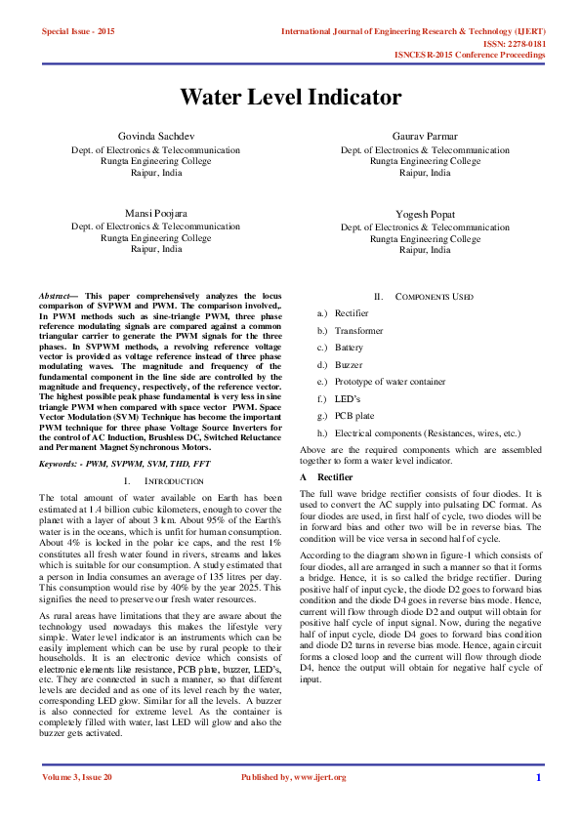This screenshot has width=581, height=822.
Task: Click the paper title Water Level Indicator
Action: coord(290,98)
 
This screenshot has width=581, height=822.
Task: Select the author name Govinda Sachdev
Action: coord(155,136)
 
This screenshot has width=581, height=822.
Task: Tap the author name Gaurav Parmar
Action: coord(425,136)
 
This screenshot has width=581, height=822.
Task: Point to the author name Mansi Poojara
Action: coord(155,212)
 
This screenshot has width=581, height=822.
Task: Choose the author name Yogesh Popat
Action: coord(425,213)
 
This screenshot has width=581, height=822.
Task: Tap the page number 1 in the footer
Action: coord(538,777)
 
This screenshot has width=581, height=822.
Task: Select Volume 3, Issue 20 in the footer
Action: coord(77,777)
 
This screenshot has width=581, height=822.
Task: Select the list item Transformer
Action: coord(358,331)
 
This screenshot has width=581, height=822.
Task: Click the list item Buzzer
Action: coord(350,364)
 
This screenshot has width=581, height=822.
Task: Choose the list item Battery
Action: coord(350,348)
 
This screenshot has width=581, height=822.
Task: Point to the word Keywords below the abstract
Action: coord(60,467)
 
